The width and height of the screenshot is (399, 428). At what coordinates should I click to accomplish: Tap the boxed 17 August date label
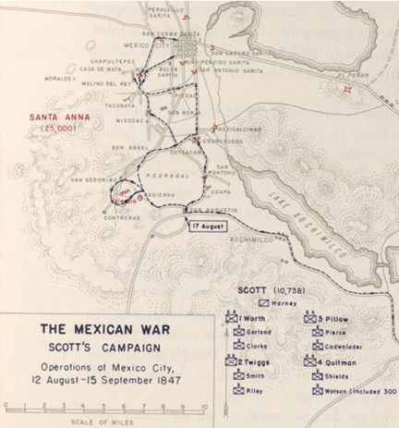point(208,225)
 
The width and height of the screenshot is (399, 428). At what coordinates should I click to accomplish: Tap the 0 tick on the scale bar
point(6,405)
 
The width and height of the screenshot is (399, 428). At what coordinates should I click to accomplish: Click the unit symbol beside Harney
point(263,302)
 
